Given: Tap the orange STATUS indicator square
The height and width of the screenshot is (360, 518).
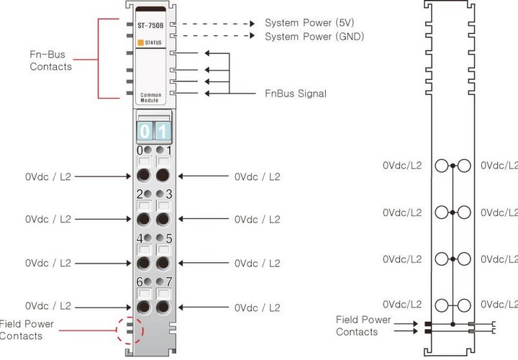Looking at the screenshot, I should click(x=141, y=42).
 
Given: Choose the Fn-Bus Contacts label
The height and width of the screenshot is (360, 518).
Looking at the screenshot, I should click(x=50, y=60).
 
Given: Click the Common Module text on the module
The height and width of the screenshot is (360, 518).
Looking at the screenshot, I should click(x=150, y=97).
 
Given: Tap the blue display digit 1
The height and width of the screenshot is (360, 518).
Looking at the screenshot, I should click(x=163, y=132).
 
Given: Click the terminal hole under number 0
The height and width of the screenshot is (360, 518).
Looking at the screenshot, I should click(x=142, y=176).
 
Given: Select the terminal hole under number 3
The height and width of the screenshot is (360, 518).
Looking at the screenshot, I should click(x=163, y=219).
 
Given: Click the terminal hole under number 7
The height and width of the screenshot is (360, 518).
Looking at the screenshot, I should click(x=163, y=307).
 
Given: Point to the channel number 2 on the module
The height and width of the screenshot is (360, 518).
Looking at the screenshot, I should click(x=140, y=194).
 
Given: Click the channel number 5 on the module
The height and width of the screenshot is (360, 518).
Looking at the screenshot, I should click(x=168, y=238).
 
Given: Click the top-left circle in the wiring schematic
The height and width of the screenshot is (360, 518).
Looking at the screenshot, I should click(x=441, y=166).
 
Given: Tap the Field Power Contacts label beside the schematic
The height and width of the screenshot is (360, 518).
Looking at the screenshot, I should click(x=363, y=325).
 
